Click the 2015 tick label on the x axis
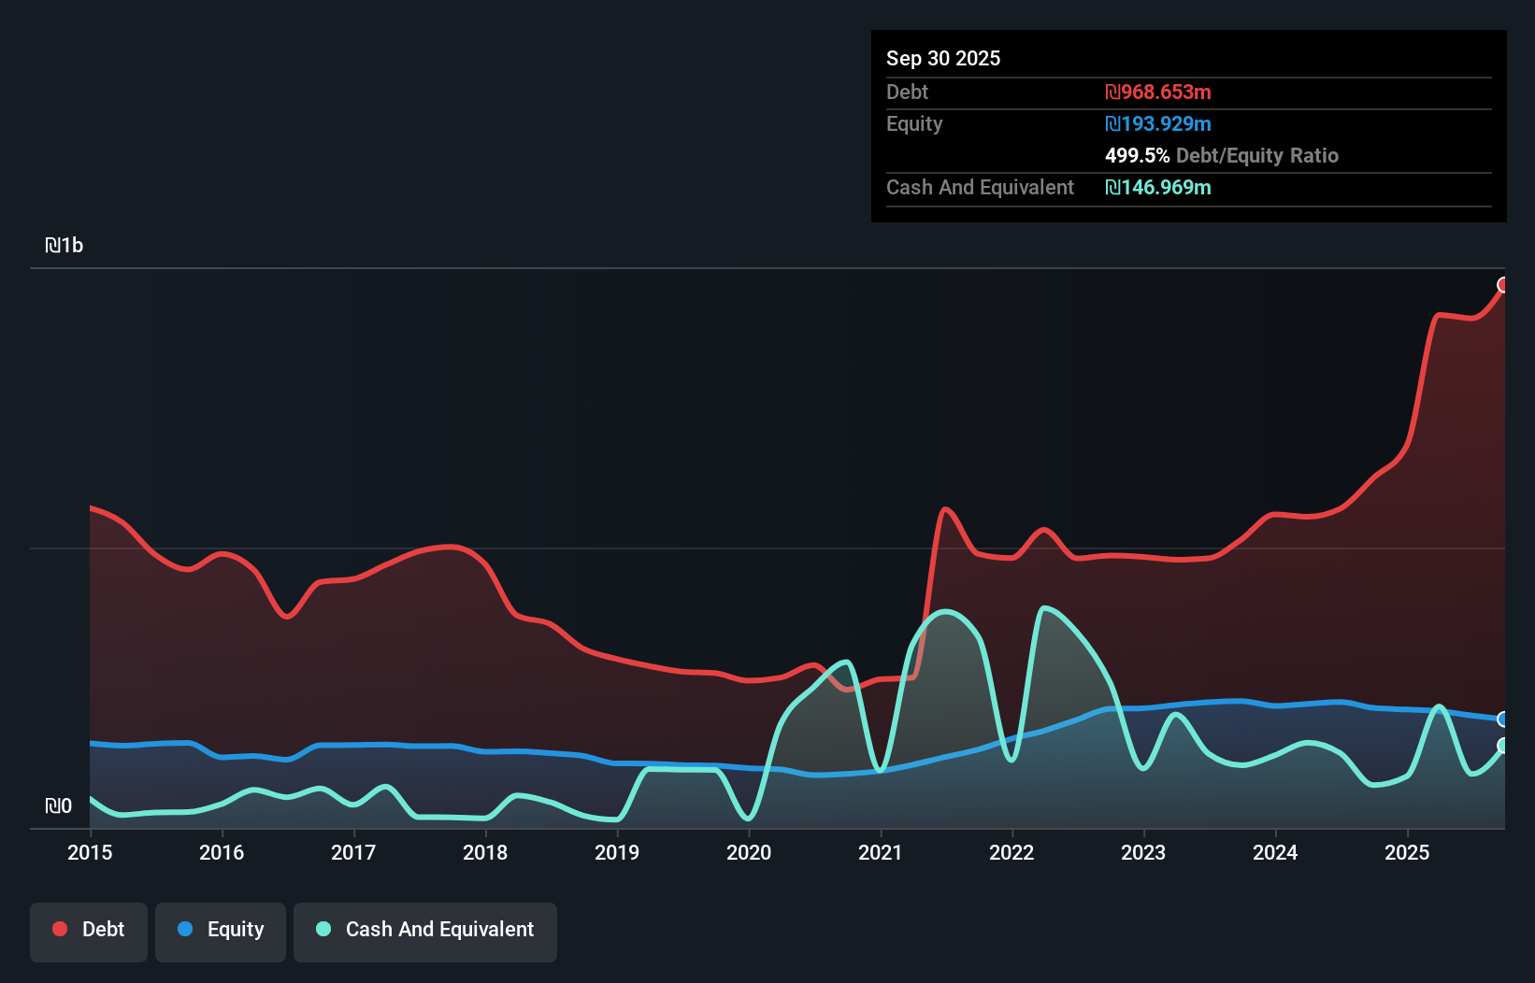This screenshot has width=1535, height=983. coord(90,852)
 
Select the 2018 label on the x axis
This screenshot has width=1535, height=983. coord(485,852)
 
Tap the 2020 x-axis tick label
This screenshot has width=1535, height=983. coord(749,852)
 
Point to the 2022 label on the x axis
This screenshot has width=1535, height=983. coord(1011,852)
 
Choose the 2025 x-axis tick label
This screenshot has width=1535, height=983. coord(1407,852)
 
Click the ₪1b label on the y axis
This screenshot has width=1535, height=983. coord(65,246)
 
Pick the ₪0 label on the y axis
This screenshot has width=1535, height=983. coord(58,805)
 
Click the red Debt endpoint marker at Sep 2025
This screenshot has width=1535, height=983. coord(1503,285)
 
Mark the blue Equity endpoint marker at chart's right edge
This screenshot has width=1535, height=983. coord(1503,719)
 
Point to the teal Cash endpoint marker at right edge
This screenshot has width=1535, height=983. coord(1503,746)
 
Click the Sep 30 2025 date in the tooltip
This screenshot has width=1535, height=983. coord(942,59)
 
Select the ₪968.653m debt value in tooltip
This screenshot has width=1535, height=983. coord(1157,93)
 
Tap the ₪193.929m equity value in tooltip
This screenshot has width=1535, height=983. coord(1157,124)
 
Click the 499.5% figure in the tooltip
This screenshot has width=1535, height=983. coord(1137,156)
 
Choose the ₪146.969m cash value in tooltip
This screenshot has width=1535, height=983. coord(1157,188)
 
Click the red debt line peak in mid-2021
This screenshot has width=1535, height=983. coord(946,508)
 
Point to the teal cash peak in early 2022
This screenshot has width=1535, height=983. coord(1043,608)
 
